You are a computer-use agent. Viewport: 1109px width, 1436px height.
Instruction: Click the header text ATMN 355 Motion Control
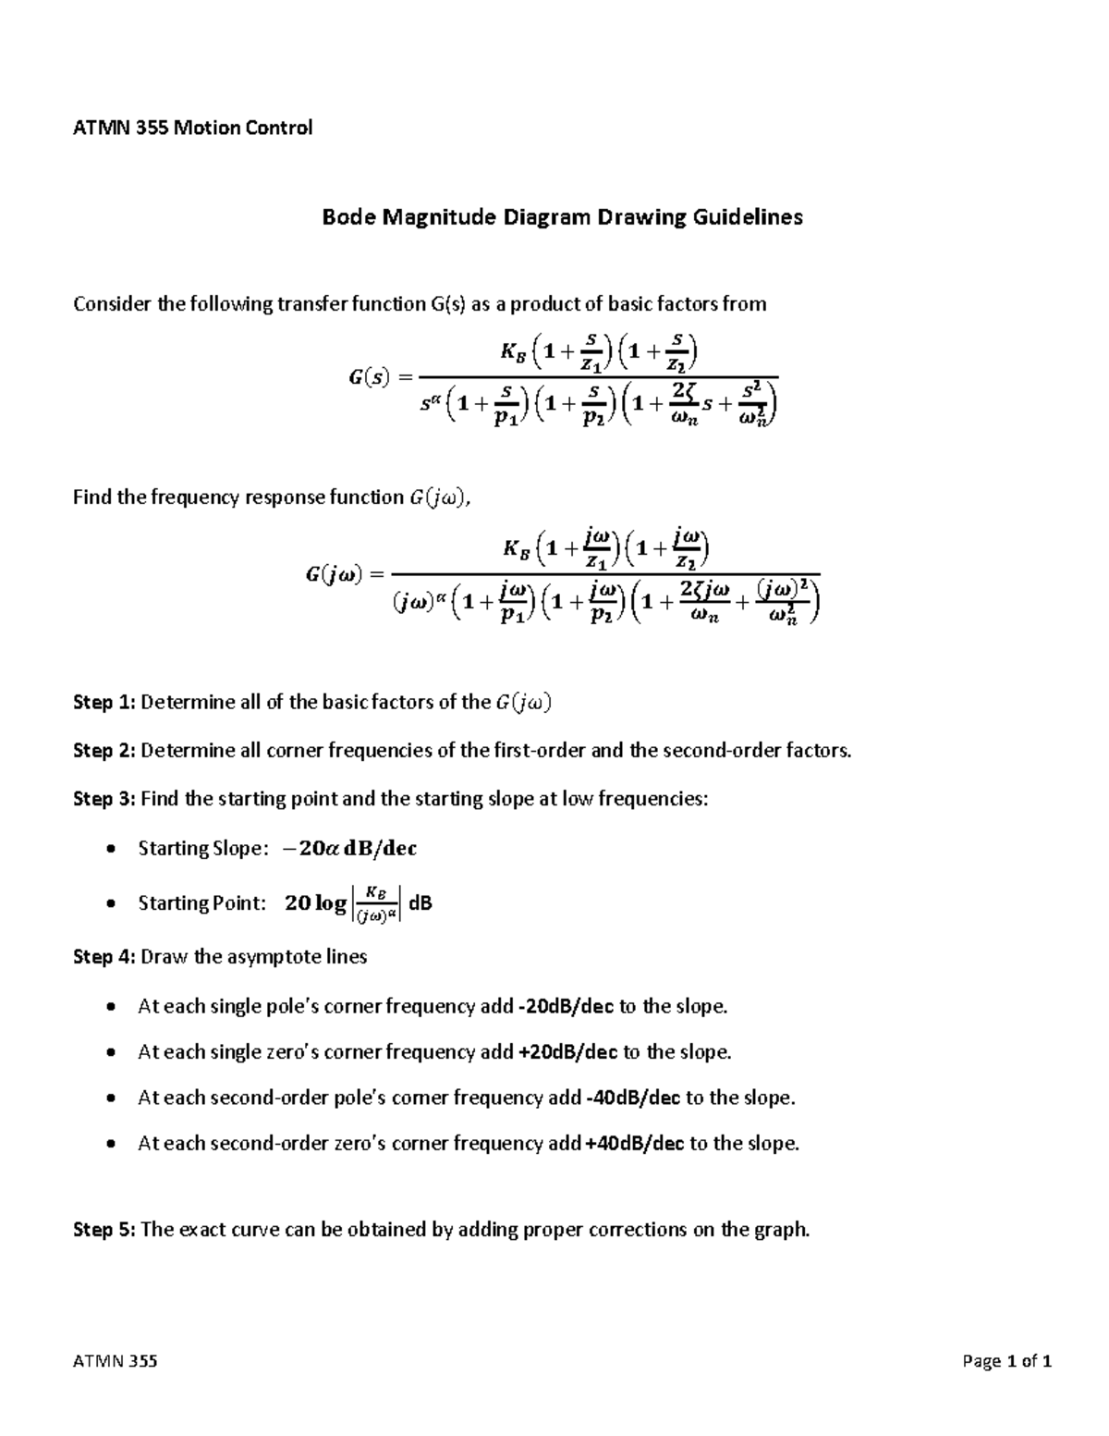click(x=192, y=128)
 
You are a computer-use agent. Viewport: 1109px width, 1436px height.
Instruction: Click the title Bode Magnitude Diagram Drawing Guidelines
click(x=562, y=217)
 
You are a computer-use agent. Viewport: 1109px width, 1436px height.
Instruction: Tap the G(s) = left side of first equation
click(x=380, y=376)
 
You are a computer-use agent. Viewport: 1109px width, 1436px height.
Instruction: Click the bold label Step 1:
click(x=104, y=702)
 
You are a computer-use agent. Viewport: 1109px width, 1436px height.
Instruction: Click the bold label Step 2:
click(x=104, y=750)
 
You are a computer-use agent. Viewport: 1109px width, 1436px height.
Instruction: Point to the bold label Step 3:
click(x=104, y=799)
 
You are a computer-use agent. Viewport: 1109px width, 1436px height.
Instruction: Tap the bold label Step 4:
click(x=104, y=957)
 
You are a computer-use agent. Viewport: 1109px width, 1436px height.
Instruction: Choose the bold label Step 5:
click(x=104, y=1230)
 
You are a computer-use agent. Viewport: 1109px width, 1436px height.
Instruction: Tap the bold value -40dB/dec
click(x=632, y=1098)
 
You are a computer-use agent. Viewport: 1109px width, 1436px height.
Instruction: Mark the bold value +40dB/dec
click(x=635, y=1144)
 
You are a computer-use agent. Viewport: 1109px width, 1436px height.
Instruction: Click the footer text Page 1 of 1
click(x=1006, y=1361)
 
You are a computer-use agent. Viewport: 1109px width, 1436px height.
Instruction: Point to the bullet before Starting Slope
click(x=112, y=849)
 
